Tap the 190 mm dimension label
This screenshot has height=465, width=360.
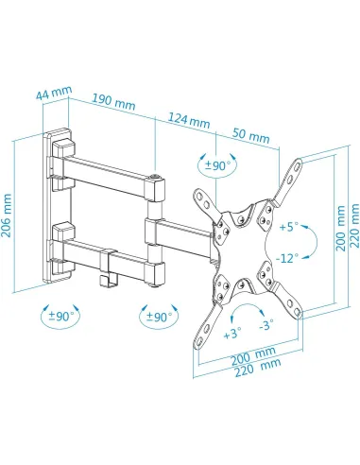[112, 103]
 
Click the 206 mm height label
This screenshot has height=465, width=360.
[10, 216]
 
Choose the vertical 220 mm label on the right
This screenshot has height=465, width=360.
[352, 228]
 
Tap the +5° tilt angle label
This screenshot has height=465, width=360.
[288, 227]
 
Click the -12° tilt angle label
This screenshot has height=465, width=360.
[288, 257]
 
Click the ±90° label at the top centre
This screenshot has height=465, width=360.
[219, 166]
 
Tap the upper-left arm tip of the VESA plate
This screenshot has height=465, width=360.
[200, 194]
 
